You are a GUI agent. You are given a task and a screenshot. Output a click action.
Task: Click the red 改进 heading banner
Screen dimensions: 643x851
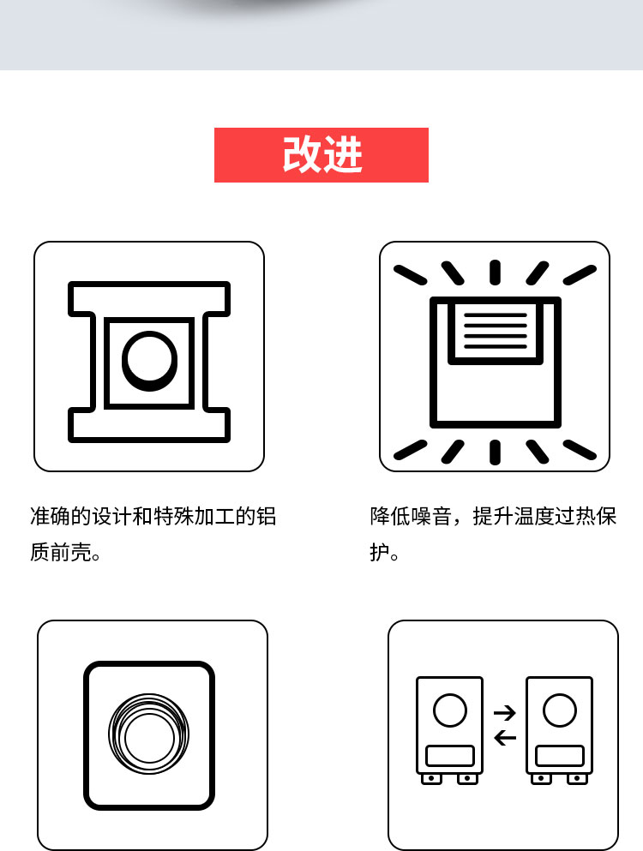[x=321, y=155]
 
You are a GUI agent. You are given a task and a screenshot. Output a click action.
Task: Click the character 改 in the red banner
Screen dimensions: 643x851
[x=302, y=155]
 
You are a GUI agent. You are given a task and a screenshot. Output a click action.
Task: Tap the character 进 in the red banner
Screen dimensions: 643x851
[x=343, y=155]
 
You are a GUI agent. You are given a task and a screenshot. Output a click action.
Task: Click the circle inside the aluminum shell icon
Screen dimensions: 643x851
[x=149, y=361]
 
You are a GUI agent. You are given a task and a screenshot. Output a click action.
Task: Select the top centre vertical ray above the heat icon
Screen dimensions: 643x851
[x=495, y=273]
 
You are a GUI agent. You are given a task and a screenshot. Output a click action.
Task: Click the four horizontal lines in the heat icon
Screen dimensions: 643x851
[x=496, y=331]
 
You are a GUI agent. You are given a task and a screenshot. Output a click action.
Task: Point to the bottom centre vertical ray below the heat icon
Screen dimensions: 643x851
[x=495, y=452]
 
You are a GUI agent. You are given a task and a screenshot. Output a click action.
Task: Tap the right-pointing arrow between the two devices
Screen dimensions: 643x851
[x=504, y=713]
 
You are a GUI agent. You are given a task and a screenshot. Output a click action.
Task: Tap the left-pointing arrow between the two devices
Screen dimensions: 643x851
[x=505, y=738]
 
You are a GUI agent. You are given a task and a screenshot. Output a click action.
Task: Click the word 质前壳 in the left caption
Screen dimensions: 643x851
[x=61, y=553]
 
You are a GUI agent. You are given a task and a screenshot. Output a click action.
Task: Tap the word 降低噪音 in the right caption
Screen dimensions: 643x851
[x=411, y=516]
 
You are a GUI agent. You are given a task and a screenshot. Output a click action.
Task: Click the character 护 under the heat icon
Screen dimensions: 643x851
[x=380, y=553]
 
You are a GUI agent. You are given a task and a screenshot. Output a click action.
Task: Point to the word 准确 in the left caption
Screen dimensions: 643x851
[x=51, y=516]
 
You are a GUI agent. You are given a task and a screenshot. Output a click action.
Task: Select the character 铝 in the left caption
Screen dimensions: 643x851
[x=266, y=516]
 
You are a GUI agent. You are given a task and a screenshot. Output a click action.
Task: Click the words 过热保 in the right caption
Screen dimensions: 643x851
[x=586, y=516]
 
